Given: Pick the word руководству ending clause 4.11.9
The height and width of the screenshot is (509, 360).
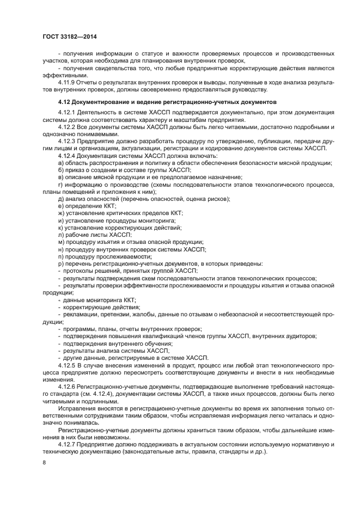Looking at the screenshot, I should pos(249,89).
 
